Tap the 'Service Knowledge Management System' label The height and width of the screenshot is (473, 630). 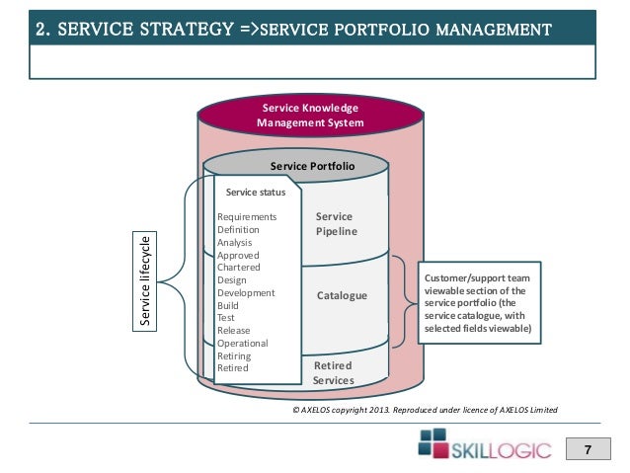pyautogui.click(x=310, y=116)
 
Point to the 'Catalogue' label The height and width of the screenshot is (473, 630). pyautogui.click(x=342, y=295)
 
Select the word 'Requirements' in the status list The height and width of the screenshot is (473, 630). pyautogui.click(x=247, y=216)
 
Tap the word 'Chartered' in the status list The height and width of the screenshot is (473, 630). pyautogui.click(x=240, y=268)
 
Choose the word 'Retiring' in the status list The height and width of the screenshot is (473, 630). pyautogui.click(x=234, y=355)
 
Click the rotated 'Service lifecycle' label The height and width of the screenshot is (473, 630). pyautogui.click(x=145, y=280)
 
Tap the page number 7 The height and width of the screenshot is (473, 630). pyautogui.click(x=588, y=451)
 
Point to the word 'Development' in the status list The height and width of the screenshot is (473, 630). pyautogui.click(x=246, y=293)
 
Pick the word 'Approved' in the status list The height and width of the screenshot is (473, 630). pyautogui.click(x=238, y=255)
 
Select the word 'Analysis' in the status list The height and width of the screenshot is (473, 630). pyautogui.click(x=235, y=242)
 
